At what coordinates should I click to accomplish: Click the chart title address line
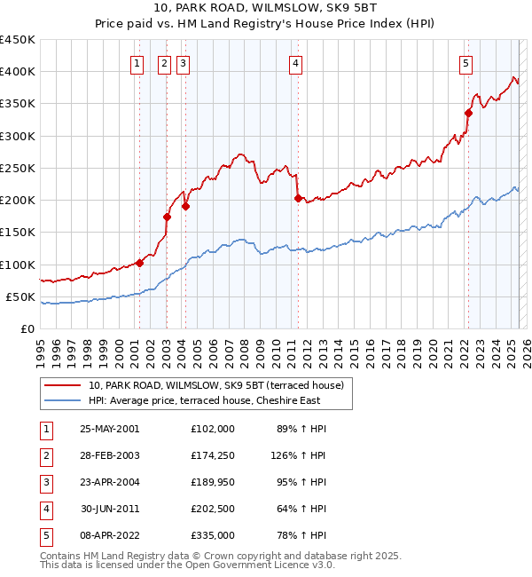265,9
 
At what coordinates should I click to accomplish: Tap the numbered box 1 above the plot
138,63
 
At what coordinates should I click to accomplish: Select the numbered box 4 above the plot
295,63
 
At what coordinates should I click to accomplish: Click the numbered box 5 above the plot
465,63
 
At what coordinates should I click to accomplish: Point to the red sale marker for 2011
298,198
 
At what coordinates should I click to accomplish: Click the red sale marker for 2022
468,112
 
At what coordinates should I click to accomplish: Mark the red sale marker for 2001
140,263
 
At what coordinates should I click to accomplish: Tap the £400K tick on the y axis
18,72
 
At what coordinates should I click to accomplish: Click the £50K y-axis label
21,296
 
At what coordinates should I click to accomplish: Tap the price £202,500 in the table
213,509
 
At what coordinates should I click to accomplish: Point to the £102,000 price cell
213,429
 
